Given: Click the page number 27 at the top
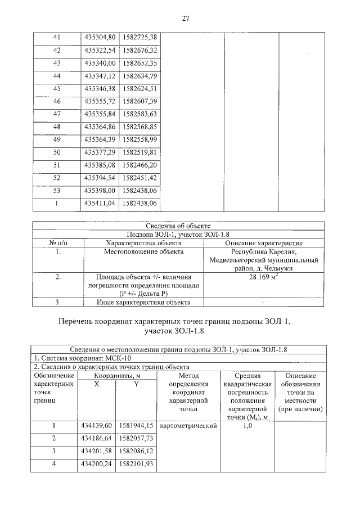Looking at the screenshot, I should click(185, 18).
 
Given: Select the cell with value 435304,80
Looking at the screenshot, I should click(100, 37).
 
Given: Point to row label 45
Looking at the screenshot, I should click(56, 89).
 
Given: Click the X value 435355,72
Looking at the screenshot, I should click(100, 101).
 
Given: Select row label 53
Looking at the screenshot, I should click(56, 191).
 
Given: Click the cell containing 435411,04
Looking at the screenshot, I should click(100, 203).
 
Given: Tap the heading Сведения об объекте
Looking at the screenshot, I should click(179, 226).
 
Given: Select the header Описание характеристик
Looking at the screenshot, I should click(263, 242).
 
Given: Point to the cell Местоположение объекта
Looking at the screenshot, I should click(143, 251).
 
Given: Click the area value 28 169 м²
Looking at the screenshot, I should click(263, 277).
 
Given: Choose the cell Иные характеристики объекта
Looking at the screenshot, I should click(143, 302).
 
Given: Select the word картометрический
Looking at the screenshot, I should click(189, 426).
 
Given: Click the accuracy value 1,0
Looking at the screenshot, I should click(247, 426).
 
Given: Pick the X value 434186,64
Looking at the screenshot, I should click(100, 438).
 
